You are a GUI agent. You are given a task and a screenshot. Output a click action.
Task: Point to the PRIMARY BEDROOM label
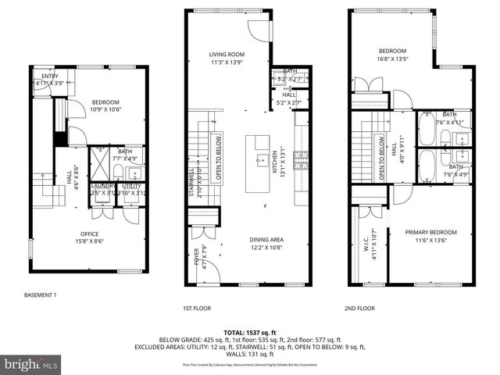[431, 232]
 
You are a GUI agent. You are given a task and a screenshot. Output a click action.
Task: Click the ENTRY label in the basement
[50, 77]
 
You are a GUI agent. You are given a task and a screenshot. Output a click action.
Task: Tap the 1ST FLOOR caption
[198, 309]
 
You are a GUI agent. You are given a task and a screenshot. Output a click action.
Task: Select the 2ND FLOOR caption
[359, 309]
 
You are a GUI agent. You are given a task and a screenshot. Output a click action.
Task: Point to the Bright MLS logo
[31, 364]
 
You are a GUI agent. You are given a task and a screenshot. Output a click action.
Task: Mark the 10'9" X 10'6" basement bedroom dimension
[105, 110]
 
